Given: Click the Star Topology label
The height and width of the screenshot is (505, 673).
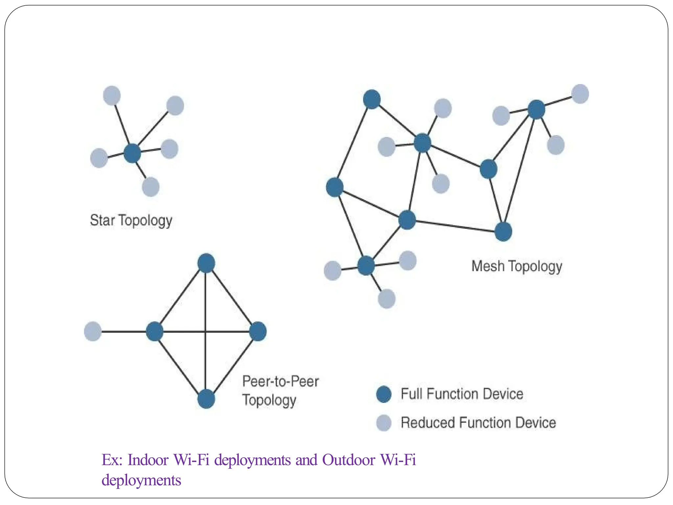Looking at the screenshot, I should click(131, 220).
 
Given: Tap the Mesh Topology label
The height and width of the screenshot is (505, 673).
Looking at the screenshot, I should click(517, 266).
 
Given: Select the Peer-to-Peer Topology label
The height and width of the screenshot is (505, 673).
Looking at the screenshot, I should click(280, 391).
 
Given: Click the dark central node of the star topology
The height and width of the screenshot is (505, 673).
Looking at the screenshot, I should click(132, 153).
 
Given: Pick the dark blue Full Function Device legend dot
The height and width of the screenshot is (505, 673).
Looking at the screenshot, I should click(383, 394).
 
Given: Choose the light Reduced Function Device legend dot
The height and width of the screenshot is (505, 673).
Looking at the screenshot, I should click(383, 422).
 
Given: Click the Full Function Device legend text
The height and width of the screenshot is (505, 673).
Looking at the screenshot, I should click(462, 394).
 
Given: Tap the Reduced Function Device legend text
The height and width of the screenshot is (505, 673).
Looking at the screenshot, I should click(478, 422).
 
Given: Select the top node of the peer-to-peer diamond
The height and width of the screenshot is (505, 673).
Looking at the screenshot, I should click(206, 263).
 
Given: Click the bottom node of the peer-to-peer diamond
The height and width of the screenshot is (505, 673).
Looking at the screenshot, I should click(206, 399).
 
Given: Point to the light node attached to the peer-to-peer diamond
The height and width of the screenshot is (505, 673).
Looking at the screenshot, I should click(93, 331).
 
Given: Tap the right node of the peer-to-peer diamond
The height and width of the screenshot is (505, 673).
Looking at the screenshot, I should click(258, 331).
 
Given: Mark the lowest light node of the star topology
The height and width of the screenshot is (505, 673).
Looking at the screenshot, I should click(151, 187).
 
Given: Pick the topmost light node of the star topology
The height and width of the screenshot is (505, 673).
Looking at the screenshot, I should click(112, 96).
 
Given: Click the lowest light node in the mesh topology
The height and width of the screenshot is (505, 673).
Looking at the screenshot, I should click(386, 299).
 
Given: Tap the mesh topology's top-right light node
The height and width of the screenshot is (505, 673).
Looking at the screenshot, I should click(580, 94).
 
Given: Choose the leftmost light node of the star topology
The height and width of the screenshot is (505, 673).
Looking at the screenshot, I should click(99, 158).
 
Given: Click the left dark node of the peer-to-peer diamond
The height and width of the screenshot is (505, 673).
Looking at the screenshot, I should click(154, 331).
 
